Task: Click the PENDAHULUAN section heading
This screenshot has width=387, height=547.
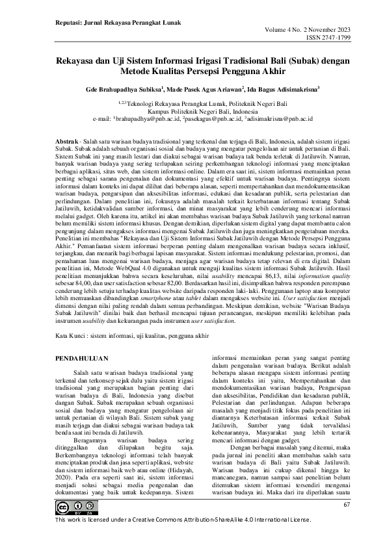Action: tap(81, 358)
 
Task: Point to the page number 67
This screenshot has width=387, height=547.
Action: tap(347, 505)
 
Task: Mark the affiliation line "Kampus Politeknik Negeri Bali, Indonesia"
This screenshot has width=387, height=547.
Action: tap(193, 111)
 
